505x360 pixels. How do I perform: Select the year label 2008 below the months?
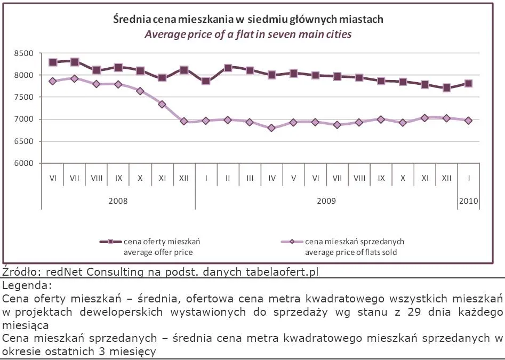(118, 202)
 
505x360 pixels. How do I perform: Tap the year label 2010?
(469, 202)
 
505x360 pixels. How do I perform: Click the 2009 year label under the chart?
(326, 202)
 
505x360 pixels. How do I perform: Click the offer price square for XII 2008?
(184, 70)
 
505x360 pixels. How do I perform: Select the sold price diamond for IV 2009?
(272, 128)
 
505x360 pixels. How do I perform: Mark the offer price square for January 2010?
(469, 83)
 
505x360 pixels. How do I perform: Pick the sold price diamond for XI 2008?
(162, 105)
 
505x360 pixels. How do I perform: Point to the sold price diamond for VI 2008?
(53, 81)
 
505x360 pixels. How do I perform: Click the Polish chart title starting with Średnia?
(249, 20)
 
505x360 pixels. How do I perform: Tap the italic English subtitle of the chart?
(249, 34)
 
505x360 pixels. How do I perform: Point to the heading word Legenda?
(27, 285)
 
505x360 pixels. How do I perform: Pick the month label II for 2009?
(228, 177)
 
